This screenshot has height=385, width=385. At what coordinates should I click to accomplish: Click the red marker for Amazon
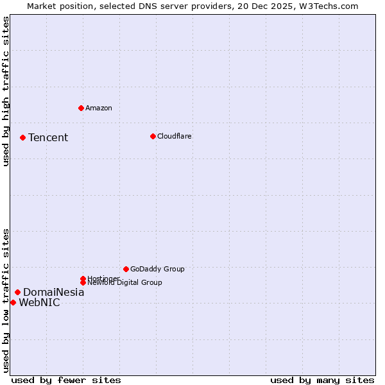point(81,108)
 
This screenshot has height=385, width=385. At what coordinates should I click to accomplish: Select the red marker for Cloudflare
point(153,136)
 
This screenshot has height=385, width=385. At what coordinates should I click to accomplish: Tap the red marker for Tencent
point(22,137)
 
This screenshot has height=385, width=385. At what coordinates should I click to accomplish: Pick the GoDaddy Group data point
point(126,269)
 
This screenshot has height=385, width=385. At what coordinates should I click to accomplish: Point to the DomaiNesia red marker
point(17,292)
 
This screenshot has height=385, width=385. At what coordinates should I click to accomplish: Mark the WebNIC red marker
point(13,302)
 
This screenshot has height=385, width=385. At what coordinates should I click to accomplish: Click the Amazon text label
point(98,108)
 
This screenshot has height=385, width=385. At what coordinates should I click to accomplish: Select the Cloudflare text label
point(174,136)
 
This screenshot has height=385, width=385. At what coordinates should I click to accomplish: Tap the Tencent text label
point(48,137)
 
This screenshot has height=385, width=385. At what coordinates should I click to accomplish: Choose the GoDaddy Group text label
point(157,269)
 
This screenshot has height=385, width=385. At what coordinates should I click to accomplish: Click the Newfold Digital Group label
point(124,282)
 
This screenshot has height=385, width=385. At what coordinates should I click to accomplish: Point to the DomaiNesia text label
point(53,292)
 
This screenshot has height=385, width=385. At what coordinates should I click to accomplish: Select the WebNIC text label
point(39,302)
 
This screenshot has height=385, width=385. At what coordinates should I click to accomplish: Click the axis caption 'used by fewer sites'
point(66,380)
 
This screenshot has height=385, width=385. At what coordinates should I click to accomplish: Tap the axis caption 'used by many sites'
point(322,380)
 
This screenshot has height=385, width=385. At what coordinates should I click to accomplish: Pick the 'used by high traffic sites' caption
point(6,91)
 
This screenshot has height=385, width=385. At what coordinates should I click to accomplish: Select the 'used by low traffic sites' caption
point(6,300)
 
